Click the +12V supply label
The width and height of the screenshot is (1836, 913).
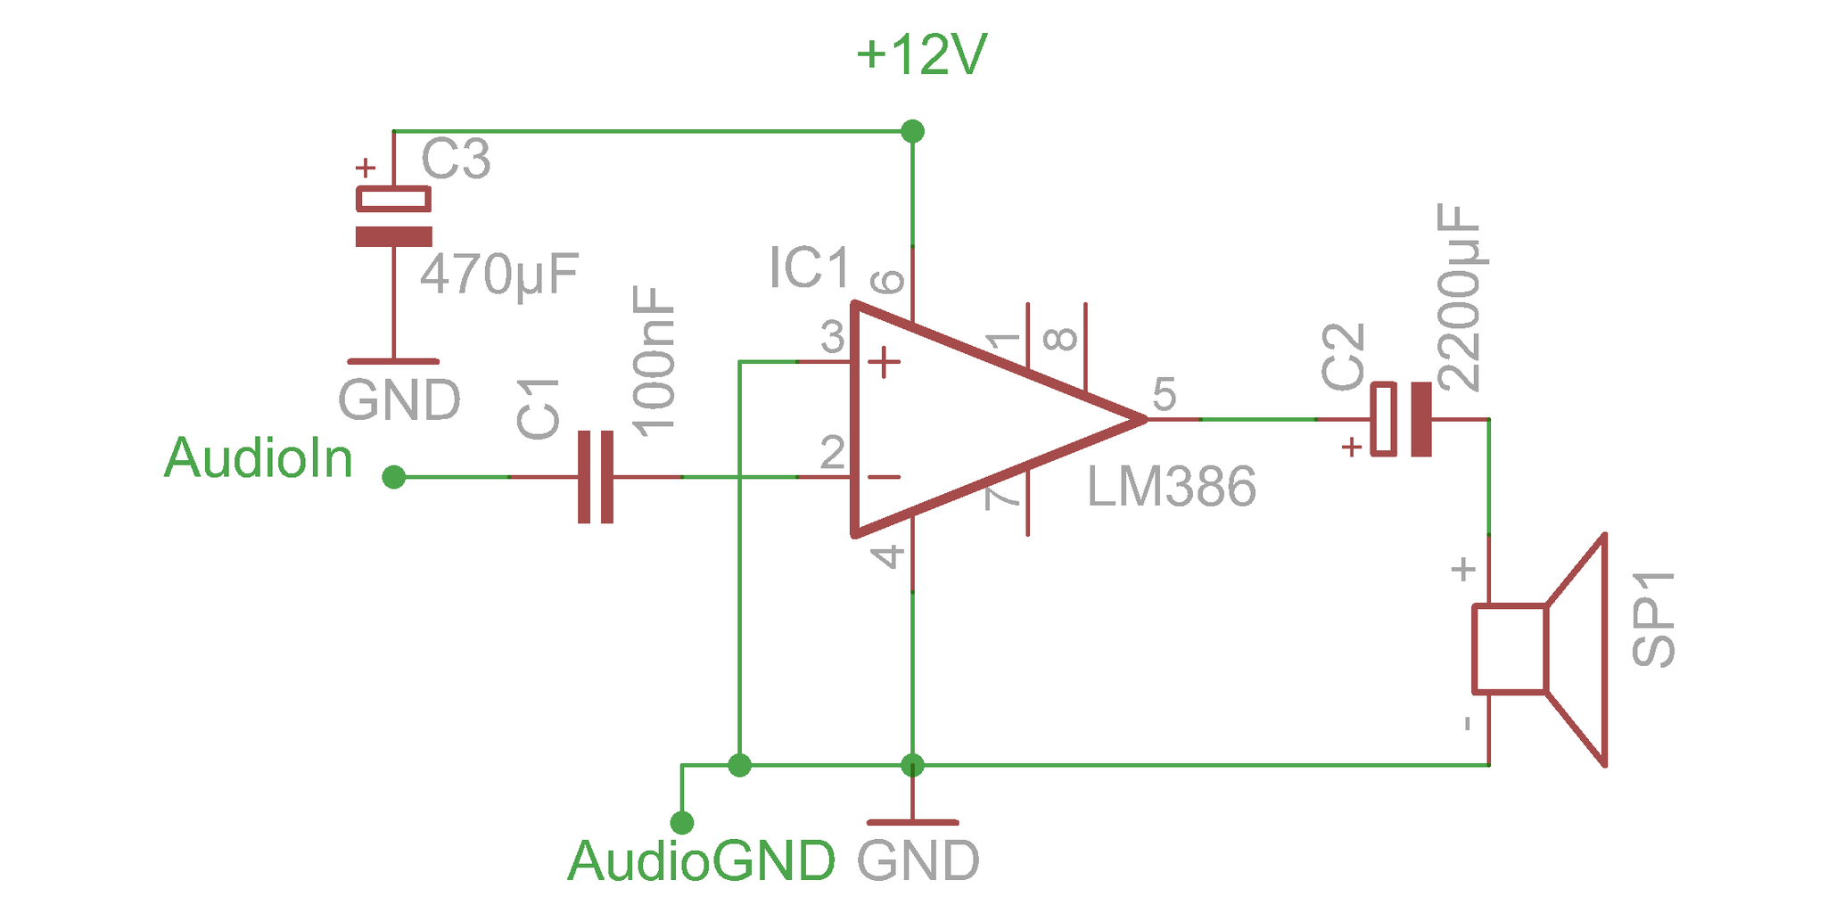921,55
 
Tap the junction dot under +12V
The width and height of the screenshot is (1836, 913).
912,132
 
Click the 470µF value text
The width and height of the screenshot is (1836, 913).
499,275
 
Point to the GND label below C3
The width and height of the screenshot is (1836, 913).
399,400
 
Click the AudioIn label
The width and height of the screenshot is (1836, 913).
259,458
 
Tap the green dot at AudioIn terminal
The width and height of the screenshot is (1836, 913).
393,477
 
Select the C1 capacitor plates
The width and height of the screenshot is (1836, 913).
596,477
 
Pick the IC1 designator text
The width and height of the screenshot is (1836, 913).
809,268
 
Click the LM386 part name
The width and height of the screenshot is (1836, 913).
1171,487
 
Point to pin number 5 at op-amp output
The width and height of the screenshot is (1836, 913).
1164,394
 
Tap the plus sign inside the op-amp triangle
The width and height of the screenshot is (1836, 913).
884,362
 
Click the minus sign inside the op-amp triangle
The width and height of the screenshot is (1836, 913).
884,477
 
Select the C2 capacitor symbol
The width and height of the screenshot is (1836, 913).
1401,419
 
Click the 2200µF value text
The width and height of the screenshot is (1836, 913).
1460,298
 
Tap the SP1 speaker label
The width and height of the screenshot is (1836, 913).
1652,620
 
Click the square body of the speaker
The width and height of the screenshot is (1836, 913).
1509,648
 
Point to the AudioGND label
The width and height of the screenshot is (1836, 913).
702,861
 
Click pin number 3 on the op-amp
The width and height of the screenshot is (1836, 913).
832,338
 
